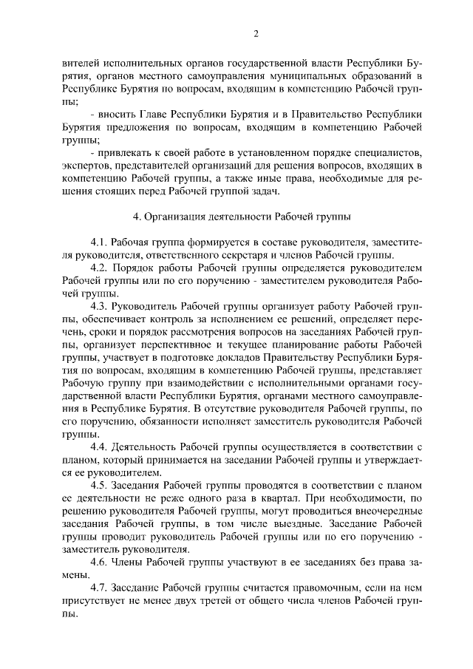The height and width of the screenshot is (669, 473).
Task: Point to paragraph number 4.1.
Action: click(x=100, y=242)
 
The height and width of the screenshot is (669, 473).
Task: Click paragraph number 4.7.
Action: click(x=100, y=587)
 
